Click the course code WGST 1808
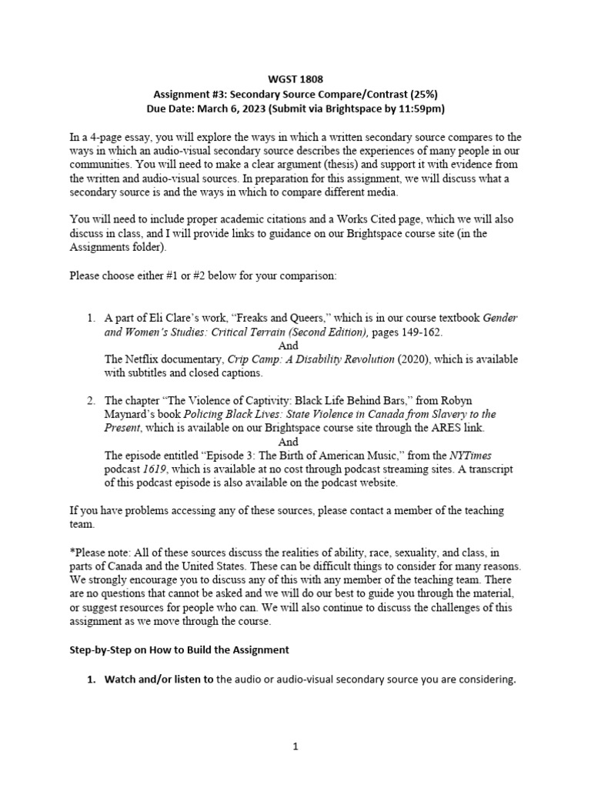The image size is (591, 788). (295, 78)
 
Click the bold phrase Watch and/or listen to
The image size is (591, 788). (159, 679)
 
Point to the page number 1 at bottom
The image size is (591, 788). (295, 746)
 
